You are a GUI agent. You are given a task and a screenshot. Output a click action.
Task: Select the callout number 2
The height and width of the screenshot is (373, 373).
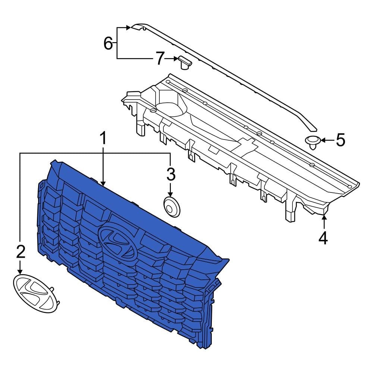point(20,253)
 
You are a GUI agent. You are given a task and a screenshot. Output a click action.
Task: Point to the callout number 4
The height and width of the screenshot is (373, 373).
point(323,238)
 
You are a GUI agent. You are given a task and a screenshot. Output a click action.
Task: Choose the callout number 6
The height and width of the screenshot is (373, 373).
point(108,44)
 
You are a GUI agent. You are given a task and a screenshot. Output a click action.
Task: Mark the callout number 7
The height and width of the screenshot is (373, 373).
point(160,58)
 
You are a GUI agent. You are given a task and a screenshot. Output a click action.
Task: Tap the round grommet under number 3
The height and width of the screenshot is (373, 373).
point(172,207)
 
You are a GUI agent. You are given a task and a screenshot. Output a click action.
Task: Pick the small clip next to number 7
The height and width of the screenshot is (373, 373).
point(184,62)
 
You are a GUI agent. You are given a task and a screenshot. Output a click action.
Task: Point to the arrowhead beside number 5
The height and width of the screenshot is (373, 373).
point(323,140)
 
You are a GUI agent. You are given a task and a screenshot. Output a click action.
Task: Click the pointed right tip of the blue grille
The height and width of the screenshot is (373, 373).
point(228,260)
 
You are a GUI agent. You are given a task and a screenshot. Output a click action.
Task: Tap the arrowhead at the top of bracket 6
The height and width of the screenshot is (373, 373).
point(128,27)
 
